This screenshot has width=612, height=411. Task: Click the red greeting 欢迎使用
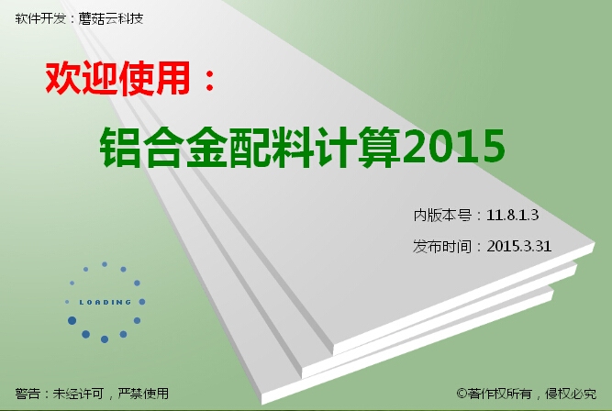[117, 78]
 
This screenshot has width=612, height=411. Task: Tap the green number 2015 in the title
[454, 147]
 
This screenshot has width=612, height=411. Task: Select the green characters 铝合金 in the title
[163, 147]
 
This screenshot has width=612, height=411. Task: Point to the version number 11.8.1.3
[513, 215]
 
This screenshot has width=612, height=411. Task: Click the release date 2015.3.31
[519, 246]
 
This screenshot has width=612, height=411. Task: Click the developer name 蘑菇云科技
[111, 18]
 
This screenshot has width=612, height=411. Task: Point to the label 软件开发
[40, 18]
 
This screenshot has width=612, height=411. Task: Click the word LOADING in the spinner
[105, 302]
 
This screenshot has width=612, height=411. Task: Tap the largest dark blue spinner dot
[72, 320]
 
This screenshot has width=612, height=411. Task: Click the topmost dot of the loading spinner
[105, 264]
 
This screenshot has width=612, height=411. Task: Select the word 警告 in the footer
[28, 394]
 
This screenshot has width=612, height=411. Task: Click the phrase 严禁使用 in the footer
[143, 394]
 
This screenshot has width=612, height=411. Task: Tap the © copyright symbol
[462, 393]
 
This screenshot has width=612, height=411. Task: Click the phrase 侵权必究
[571, 394]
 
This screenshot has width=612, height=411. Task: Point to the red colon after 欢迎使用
[209, 81]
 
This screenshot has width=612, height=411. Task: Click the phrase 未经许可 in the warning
[78, 394]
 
